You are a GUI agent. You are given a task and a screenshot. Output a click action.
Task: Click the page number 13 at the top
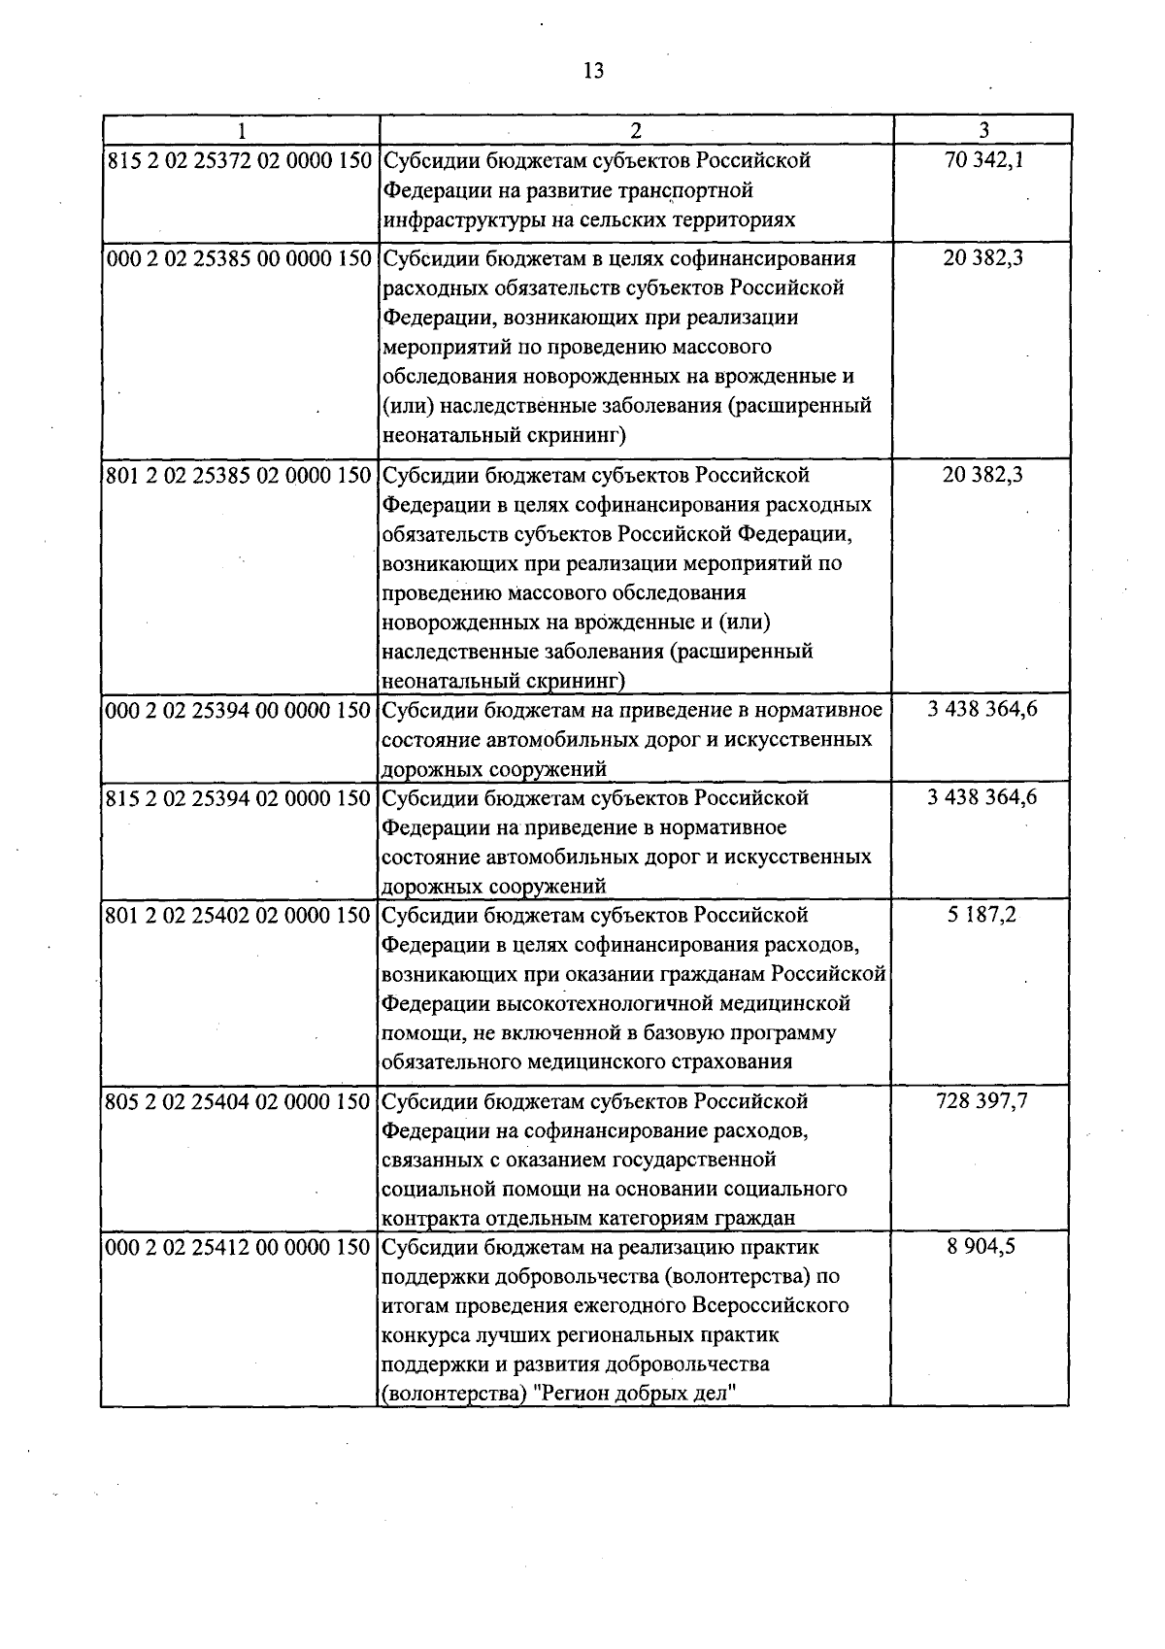click(x=593, y=70)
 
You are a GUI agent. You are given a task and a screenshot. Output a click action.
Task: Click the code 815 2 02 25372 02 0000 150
click(x=239, y=160)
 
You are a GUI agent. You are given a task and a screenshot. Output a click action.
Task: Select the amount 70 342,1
click(x=982, y=160)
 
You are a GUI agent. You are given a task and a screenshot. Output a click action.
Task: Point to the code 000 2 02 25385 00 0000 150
click(x=239, y=258)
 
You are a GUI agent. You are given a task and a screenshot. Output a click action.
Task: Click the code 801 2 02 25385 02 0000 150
click(x=239, y=475)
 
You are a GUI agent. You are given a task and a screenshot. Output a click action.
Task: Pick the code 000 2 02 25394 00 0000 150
click(x=239, y=710)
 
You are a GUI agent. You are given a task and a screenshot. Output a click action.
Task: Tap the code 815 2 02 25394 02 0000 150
click(x=239, y=798)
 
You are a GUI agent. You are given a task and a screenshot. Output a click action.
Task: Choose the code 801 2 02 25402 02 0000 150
click(x=239, y=916)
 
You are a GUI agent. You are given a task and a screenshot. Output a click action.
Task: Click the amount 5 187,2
click(x=982, y=916)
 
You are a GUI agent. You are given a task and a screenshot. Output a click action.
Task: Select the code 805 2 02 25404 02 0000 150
click(x=239, y=1102)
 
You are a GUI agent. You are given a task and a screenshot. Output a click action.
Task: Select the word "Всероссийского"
click(x=772, y=1305)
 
